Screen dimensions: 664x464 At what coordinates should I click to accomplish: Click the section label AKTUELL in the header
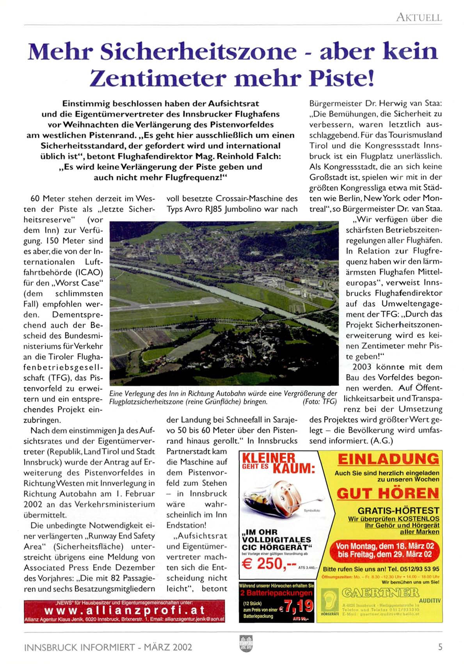click(x=419, y=18)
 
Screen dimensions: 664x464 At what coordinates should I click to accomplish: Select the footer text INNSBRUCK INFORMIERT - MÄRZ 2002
click(x=108, y=648)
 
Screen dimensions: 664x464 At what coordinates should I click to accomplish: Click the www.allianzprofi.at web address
click(x=124, y=610)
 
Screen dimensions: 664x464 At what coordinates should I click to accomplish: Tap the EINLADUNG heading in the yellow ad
click(x=388, y=459)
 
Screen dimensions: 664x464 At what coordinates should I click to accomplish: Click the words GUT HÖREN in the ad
click(x=388, y=493)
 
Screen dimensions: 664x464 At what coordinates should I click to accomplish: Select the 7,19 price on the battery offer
click(x=299, y=606)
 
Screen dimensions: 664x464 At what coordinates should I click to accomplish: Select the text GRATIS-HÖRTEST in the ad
click(x=398, y=510)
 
